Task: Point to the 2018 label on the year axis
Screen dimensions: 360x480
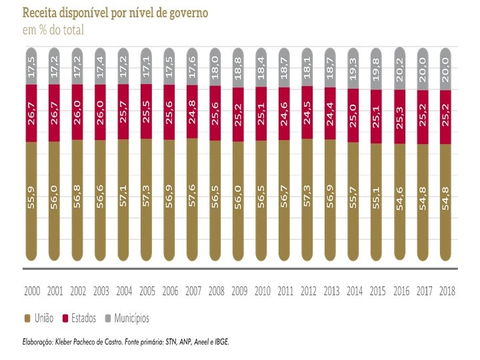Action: [x=446, y=291]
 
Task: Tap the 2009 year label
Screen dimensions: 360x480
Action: [x=239, y=291]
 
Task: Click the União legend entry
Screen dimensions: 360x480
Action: [x=39, y=317]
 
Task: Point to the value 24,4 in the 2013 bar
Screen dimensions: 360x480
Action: [x=331, y=114]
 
